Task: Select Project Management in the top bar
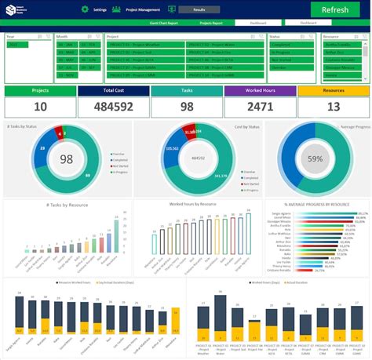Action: coord(142,9)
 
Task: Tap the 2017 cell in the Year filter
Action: coord(16,45)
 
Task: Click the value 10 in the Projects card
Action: coord(39,107)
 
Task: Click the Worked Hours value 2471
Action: coord(259,107)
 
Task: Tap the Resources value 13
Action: coord(333,107)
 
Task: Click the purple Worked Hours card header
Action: coord(259,91)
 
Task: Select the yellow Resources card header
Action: coord(333,91)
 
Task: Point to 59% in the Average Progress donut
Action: coord(315,159)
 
